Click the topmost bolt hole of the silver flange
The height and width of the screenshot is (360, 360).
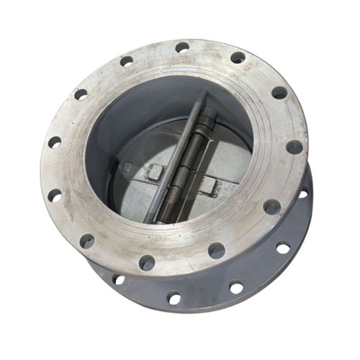tap(182, 47)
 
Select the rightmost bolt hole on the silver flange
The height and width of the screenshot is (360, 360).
tap(294, 147)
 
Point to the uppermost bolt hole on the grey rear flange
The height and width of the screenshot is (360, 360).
tap(303, 193)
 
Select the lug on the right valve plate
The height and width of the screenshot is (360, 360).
tap(207, 186)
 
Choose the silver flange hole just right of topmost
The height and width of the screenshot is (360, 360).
tap(237, 57)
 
